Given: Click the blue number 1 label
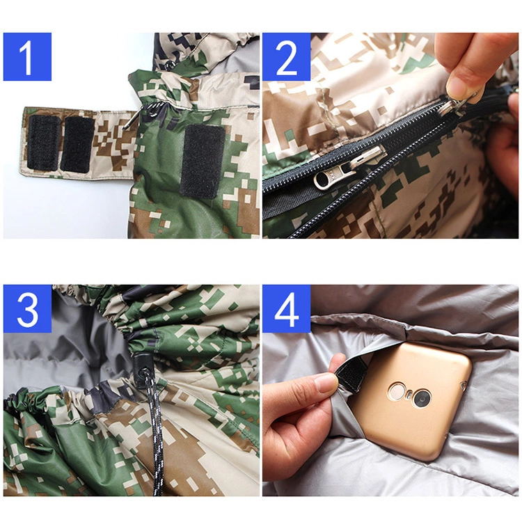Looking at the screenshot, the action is click(27, 56).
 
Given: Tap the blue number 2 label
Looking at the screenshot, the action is click(287, 56).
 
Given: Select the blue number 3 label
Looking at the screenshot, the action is click(27, 308).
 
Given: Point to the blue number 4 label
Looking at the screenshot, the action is click(287, 308).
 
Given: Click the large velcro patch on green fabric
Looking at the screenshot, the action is click(203, 161).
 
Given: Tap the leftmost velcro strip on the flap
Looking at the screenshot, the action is click(43, 143).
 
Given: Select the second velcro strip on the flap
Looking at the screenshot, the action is click(77, 144).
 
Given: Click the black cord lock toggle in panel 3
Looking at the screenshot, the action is click(141, 365).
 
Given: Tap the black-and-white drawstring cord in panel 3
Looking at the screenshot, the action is click(156, 433).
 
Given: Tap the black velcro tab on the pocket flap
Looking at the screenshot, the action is click(349, 374).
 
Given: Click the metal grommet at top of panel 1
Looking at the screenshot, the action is click(169, 64).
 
